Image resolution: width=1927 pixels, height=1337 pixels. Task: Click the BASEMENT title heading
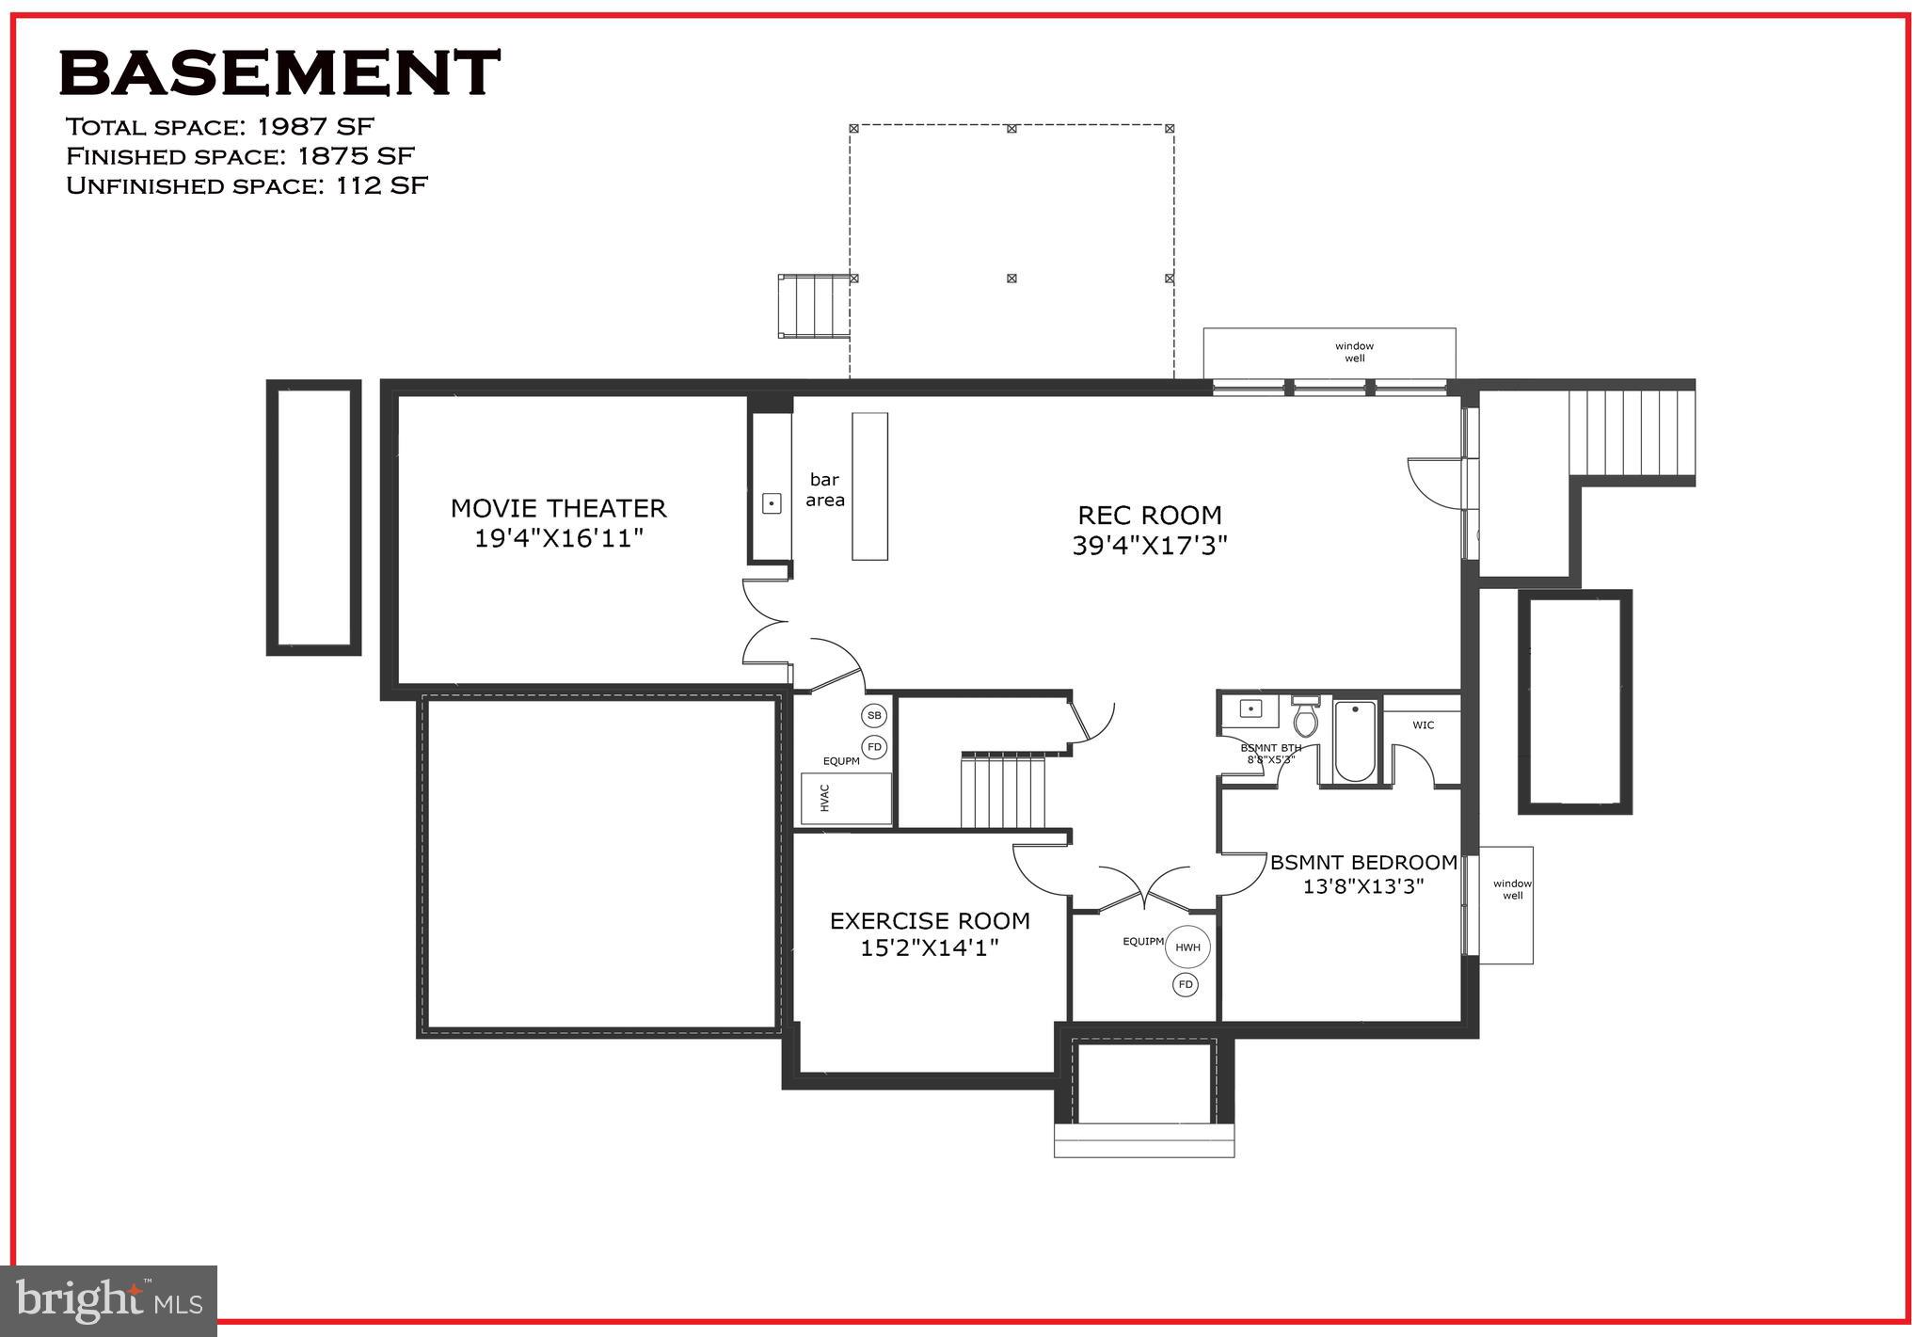coord(279,73)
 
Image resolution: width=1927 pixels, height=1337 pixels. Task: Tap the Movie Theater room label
coord(558,509)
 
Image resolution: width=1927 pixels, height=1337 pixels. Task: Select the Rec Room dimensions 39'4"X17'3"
coord(1150,546)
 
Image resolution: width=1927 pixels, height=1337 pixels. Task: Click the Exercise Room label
coord(930,921)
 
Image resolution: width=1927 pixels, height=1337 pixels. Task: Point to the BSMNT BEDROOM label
coord(1363,863)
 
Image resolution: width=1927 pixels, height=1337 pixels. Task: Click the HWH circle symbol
coord(1187,947)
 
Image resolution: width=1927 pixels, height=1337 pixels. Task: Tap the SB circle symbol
coord(874,716)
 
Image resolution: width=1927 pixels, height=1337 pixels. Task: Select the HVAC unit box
coord(845,799)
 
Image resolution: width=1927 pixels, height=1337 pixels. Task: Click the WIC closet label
coord(1423,725)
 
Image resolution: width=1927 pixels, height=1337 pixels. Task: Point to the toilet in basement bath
coord(1305,719)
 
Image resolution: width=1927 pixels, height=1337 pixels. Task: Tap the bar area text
coord(824,490)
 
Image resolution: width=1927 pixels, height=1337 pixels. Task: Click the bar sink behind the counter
coord(772,503)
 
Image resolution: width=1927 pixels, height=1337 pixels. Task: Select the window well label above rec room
coord(1354,352)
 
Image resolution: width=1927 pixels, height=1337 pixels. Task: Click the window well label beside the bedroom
coord(1512,889)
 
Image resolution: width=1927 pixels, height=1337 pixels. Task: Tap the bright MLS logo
coord(109,1301)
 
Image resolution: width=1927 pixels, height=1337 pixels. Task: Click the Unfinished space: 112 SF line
coord(247,185)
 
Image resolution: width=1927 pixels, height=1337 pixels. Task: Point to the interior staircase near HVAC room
coord(1003,792)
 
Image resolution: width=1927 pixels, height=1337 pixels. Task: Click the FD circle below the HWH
coord(1186,985)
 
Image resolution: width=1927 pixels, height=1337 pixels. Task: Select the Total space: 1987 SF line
coord(220,126)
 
